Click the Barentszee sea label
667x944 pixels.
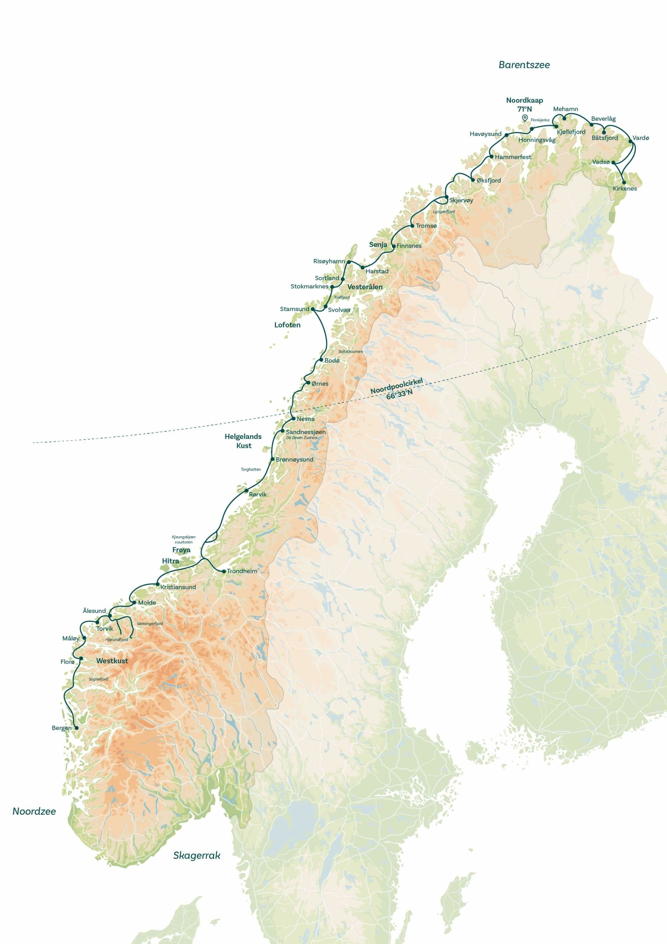click(524, 65)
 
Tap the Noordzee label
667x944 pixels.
click(34, 811)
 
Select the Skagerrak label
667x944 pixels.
click(197, 855)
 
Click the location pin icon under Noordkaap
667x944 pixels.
click(525, 118)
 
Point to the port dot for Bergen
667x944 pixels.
click(76, 728)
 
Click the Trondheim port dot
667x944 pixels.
click(224, 571)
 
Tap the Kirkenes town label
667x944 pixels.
click(625, 188)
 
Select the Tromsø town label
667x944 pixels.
click(426, 226)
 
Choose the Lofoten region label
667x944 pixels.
click(287, 325)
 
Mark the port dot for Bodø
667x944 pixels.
click(321, 360)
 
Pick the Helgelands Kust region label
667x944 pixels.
click(243, 441)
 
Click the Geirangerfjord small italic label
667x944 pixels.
click(150, 624)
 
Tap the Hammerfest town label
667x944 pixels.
click(513, 157)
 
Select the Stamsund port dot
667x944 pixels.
click(313, 309)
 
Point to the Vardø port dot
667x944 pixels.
click(630, 141)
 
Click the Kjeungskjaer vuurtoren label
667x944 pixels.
click(183, 539)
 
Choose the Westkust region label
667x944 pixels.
click(112, 660)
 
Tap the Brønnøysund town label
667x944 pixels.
click(294, 459)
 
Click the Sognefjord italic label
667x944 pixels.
click(99, 679)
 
